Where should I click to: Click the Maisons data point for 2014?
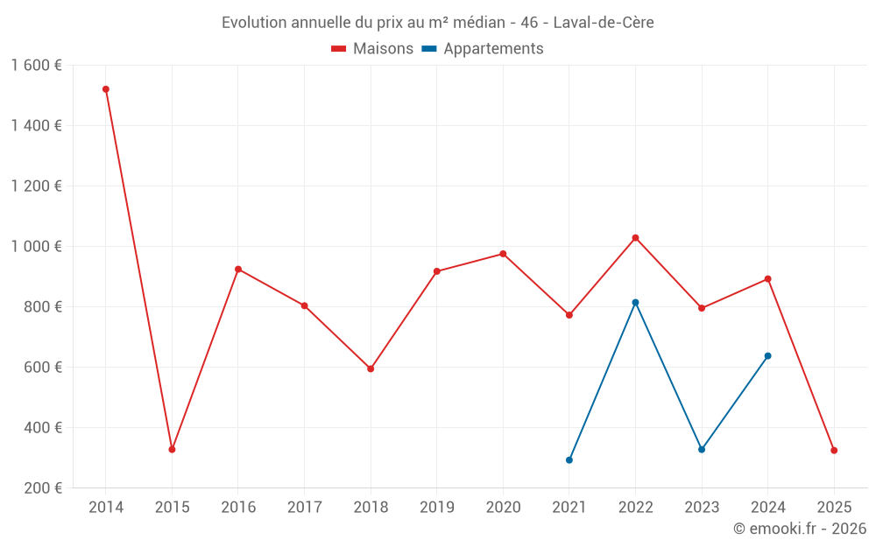click(x=106, y=89)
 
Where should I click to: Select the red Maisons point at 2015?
click(x=172, y=450)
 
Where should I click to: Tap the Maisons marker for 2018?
click(x=371, y=368)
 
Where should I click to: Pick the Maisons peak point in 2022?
click(x=635, y=238)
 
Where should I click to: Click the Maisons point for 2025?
click(x=834, y=451)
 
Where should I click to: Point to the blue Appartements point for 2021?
click(x=569, y=460)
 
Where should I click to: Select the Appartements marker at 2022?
click(x=635, y=303)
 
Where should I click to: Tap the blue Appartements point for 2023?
click(x=702, y=450)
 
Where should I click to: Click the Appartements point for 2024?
click(x=768, y=356)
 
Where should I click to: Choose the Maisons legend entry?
click(x=372, y=49)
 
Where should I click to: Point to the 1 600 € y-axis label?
click(x=36, y=66)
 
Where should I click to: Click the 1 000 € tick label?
click(x=36, y=247)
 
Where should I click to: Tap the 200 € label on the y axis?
click(x=41, y=488)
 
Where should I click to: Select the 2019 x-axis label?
click(x=436, y=508)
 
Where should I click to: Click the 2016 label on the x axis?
click(x=238, y=508)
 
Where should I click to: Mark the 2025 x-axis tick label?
click(x=834, y=508)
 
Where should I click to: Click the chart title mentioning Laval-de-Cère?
click(x=437, y=23)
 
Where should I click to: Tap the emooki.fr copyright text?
click(x=800, y=529)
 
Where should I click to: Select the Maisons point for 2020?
click(x=503, y=254)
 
